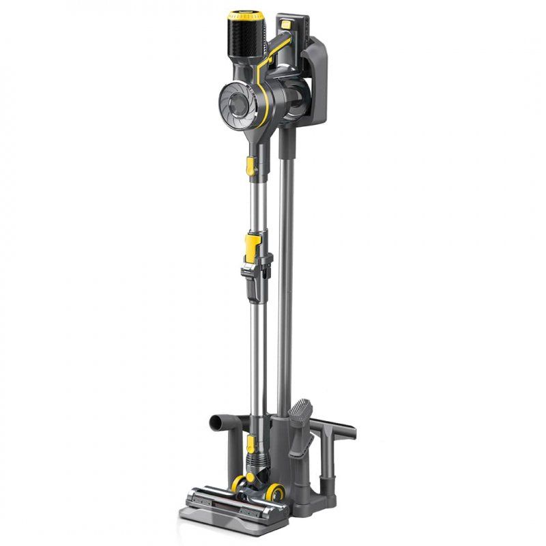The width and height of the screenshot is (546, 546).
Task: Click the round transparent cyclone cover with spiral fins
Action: (x=236, y=106)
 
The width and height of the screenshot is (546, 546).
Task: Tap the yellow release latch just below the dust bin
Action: (x=250, y=165)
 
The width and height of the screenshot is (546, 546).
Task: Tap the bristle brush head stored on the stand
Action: (x=301, y=416)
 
